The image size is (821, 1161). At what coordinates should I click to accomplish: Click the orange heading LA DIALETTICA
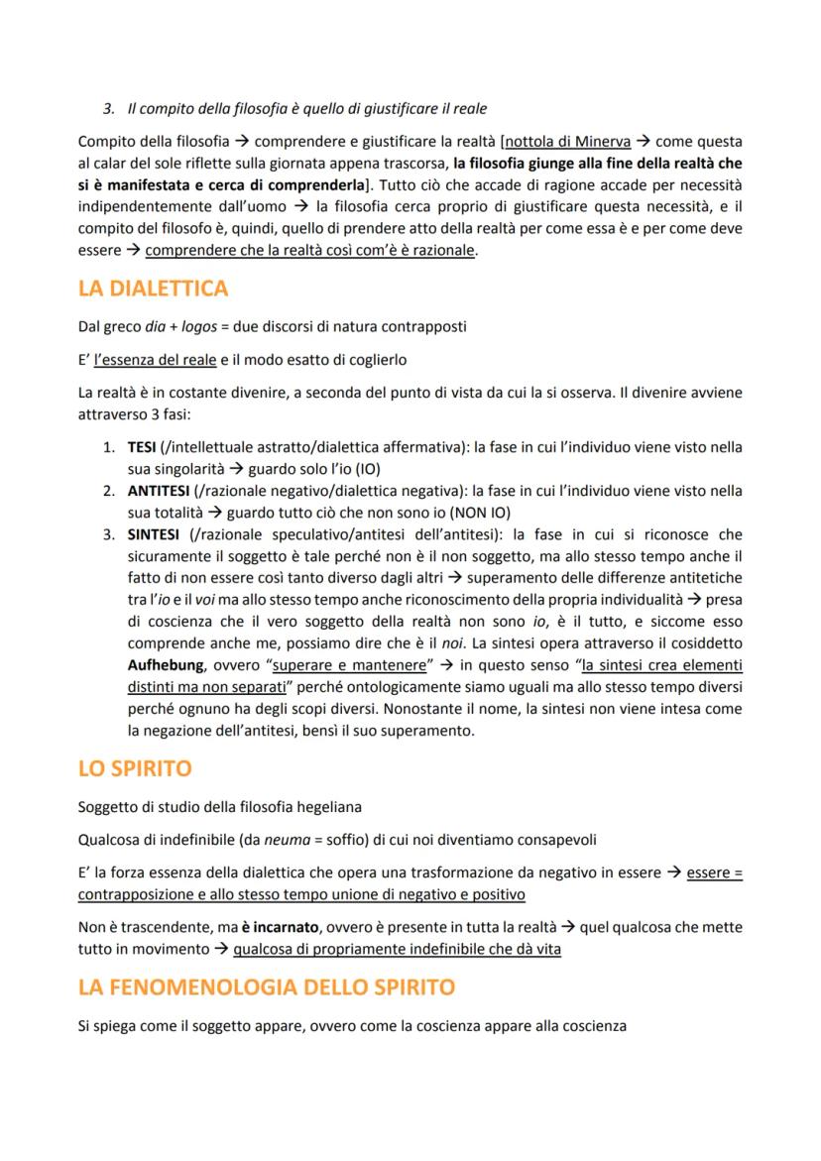pos(153,289)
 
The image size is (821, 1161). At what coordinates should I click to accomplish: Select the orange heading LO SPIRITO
pos(135,768)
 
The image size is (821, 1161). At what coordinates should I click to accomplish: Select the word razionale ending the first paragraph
pos(440,251)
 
